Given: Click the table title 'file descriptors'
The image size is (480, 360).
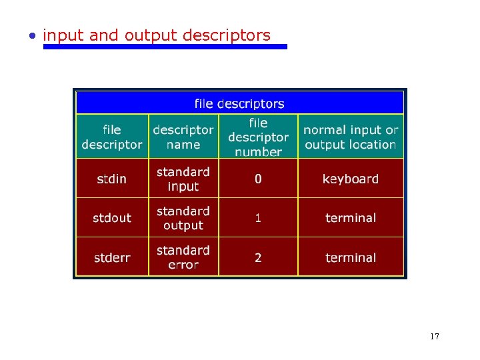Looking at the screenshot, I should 239,103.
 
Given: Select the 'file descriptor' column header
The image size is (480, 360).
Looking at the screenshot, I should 112,137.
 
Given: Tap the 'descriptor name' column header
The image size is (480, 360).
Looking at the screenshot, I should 183,137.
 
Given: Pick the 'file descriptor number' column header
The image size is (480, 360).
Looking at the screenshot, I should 258,137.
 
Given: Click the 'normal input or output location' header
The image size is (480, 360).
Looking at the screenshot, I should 351,137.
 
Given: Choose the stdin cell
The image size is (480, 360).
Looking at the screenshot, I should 112,179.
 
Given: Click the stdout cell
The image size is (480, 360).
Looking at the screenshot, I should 112,218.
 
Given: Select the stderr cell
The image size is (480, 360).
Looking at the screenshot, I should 112,258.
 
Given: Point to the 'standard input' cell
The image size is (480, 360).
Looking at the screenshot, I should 183,179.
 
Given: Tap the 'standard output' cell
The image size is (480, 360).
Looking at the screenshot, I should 183,218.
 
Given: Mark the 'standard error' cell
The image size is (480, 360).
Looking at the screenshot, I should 183,257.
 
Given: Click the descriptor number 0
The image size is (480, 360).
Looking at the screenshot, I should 258,179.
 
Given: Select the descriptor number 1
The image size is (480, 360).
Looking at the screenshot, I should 258,218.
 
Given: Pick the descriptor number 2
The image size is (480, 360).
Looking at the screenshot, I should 258,258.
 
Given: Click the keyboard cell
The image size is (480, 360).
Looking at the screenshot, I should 351,179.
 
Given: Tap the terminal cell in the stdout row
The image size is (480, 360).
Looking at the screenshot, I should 351,218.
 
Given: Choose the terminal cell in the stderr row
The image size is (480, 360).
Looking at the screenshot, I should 351,258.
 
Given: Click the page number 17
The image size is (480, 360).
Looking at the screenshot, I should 435,337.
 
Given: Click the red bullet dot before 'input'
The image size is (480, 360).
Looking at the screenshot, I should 33,36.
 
